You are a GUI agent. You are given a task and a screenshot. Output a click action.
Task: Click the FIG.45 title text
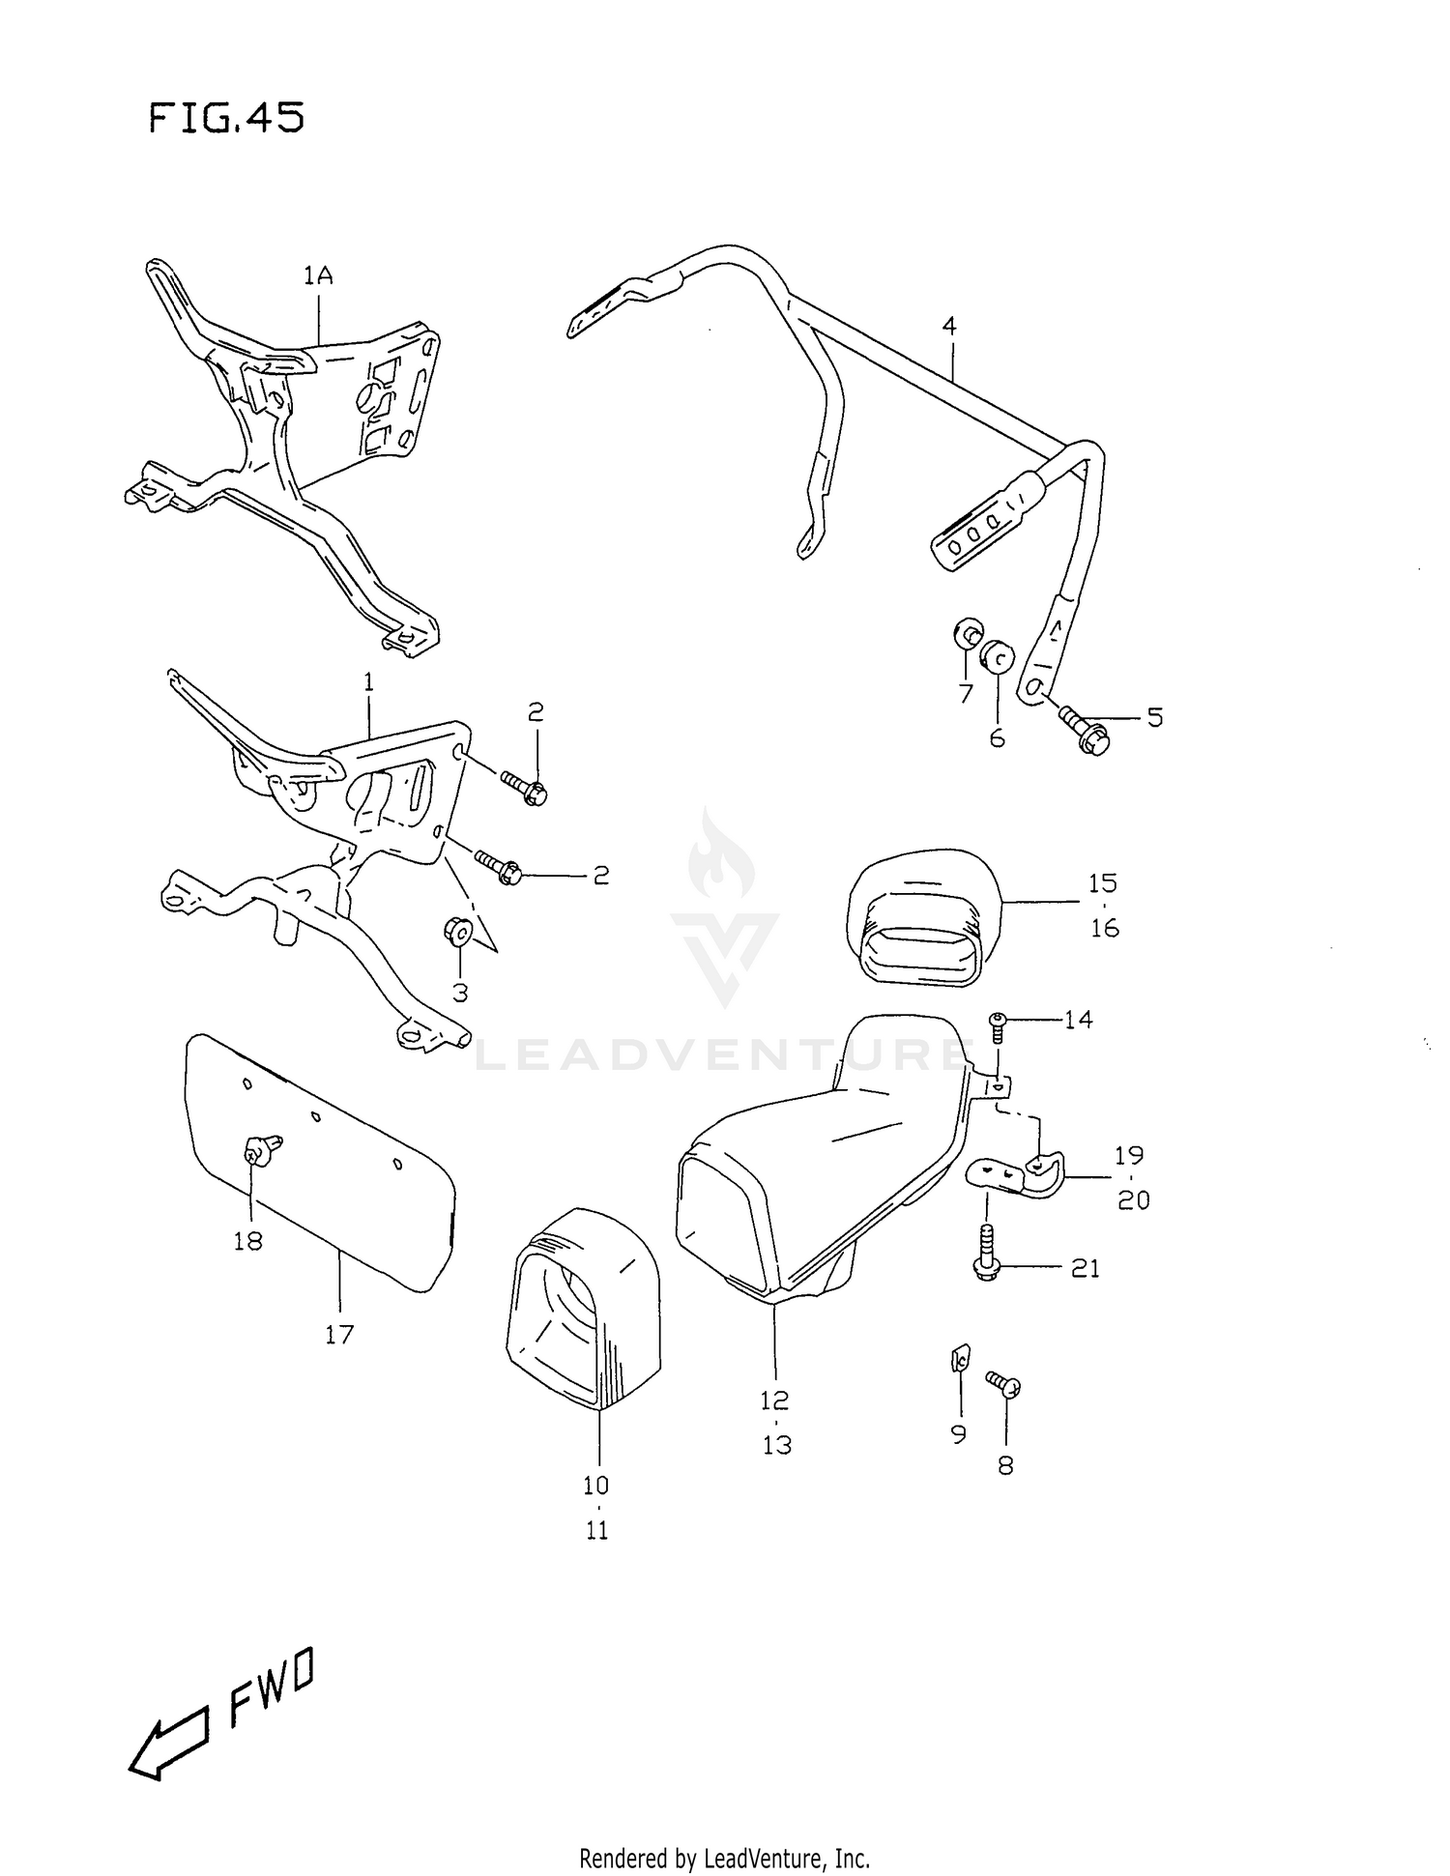click(x=227, y=119)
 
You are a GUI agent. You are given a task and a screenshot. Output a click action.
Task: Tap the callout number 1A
click(x=318, y=276)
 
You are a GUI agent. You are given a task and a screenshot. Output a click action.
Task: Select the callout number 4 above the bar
click(x=949, y=327)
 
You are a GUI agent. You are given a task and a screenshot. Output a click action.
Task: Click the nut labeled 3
click(x=457, y=932)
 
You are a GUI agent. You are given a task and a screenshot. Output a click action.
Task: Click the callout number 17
click(x=339, y=1334)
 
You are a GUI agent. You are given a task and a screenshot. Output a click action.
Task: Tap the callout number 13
click(x=776, y=1444)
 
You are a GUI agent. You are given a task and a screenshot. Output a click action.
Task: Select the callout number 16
click(x=1104, y=928)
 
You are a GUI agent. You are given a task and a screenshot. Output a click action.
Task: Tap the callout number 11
click(x=596, y=1530)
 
